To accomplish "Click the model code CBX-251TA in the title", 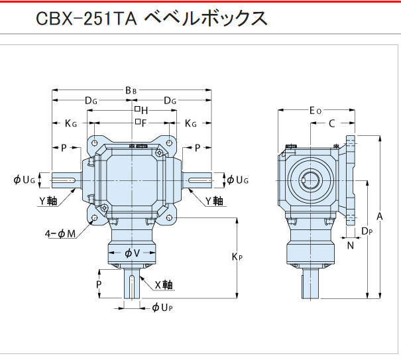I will [86, 19].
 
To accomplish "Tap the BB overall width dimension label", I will [131, 90].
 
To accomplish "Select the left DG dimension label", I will [91, 101].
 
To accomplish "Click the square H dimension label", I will [141, 110].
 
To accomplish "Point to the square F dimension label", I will [141, 123].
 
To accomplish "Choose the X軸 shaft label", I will [163, 285].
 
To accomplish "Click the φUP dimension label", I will [164, 307].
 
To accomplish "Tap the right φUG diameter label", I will [238, 180].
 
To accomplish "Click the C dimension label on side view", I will [332, 123].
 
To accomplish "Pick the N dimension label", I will [351, 245].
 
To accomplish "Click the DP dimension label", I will [367, 231].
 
